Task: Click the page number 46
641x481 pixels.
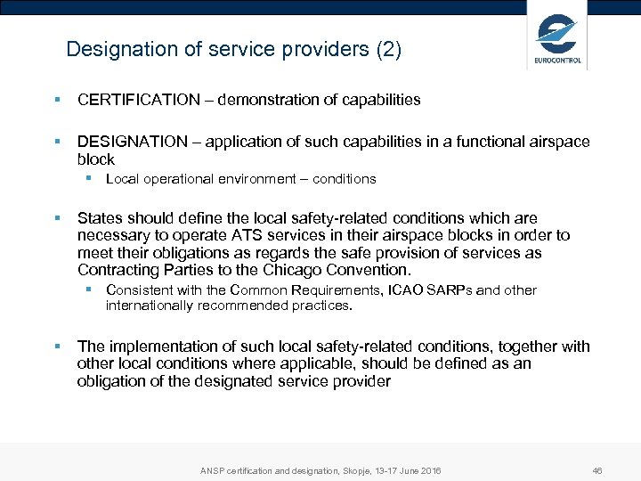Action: pos(597,470)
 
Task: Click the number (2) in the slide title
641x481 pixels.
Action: pos(389,49)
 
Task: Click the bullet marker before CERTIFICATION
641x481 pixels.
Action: pos(56,100)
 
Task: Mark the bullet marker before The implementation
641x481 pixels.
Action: pos(56,346)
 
